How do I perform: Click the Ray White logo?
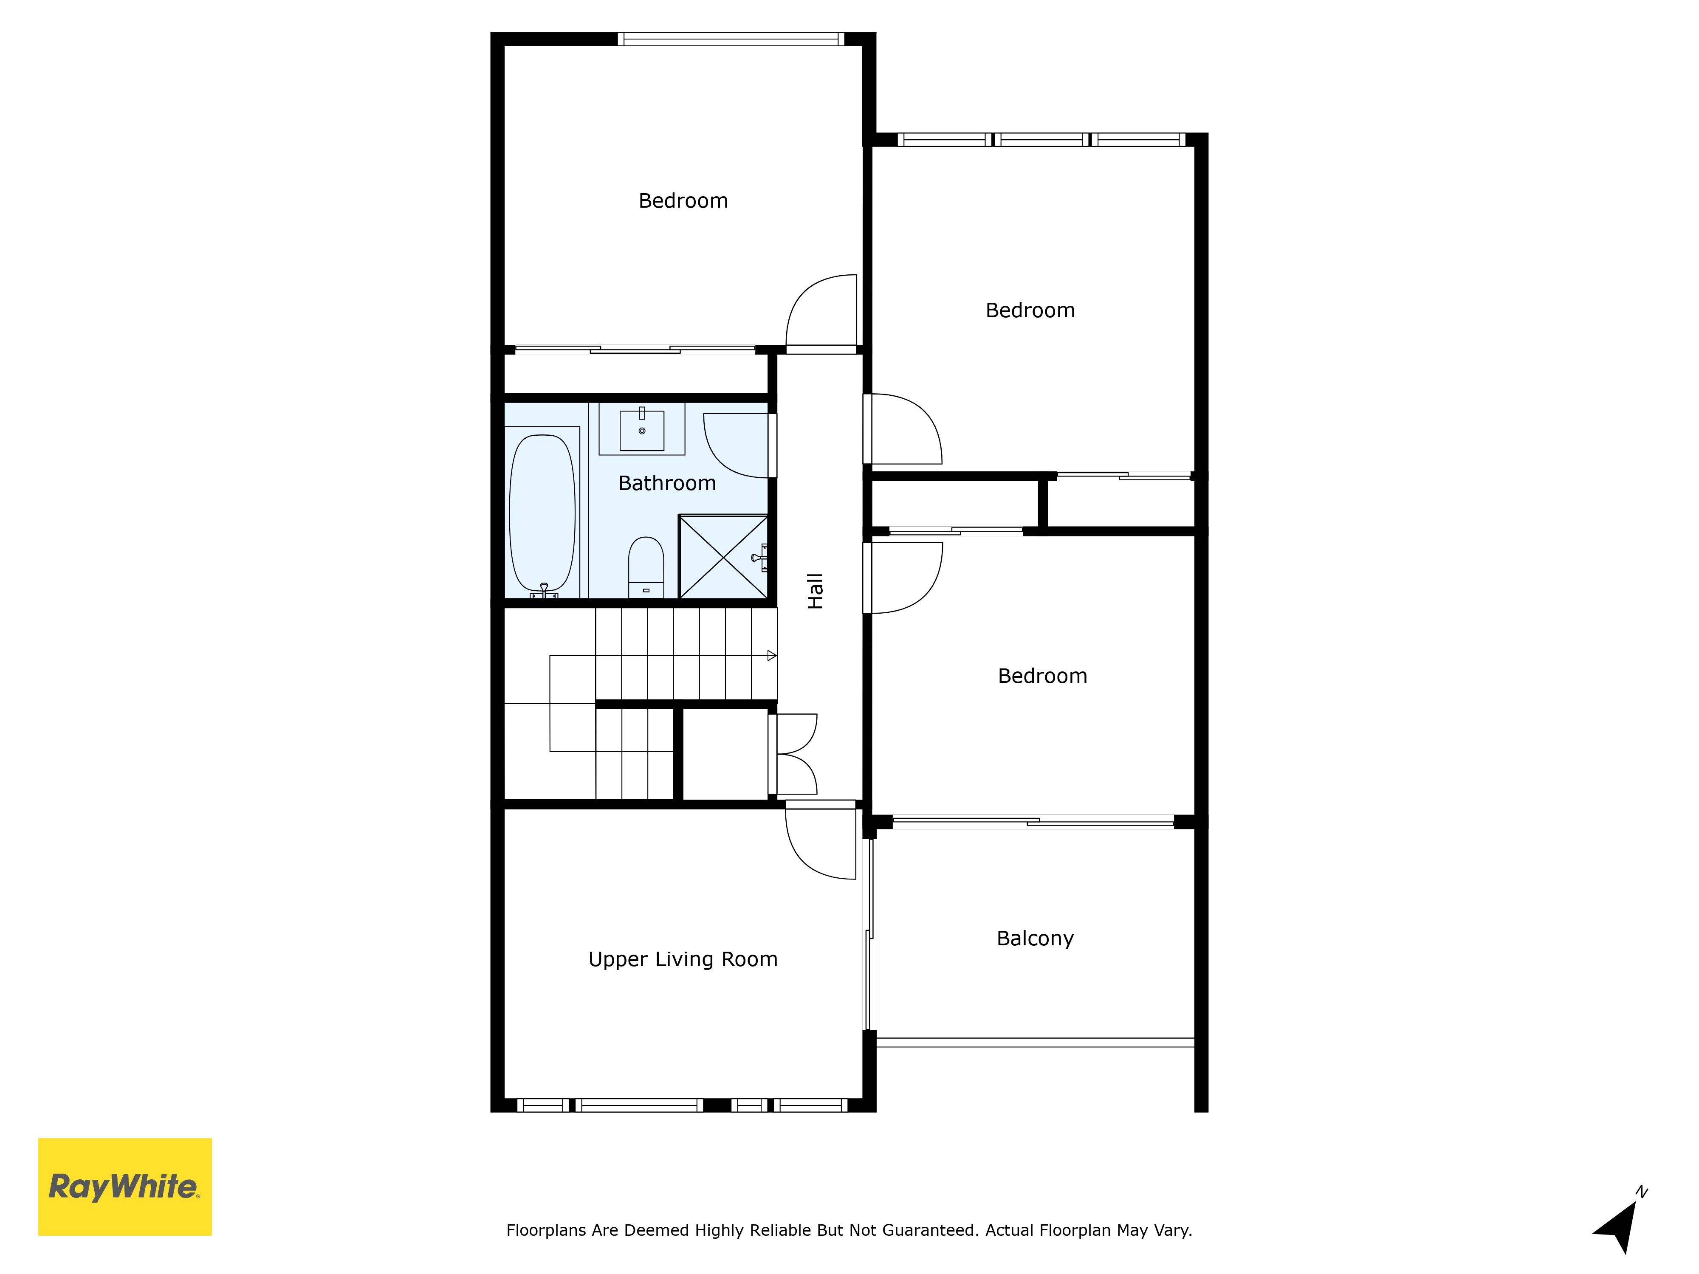(x=124, y=1187)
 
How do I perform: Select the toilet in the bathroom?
(x=646, y=567)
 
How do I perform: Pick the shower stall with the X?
(x=723, y=557)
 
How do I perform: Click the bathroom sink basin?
(x=642, y=430)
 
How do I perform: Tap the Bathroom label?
(x=667, y=483)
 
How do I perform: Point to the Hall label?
(x=815, y=591)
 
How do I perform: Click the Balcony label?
(x=1035, y=939)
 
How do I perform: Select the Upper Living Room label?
(x=683, y=959)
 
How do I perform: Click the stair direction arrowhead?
(x=772, y=655)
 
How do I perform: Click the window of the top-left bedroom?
(x=731, y=38)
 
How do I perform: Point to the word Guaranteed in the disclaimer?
(x=929, y=1230)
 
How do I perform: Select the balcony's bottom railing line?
(x=1036, y=1042)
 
